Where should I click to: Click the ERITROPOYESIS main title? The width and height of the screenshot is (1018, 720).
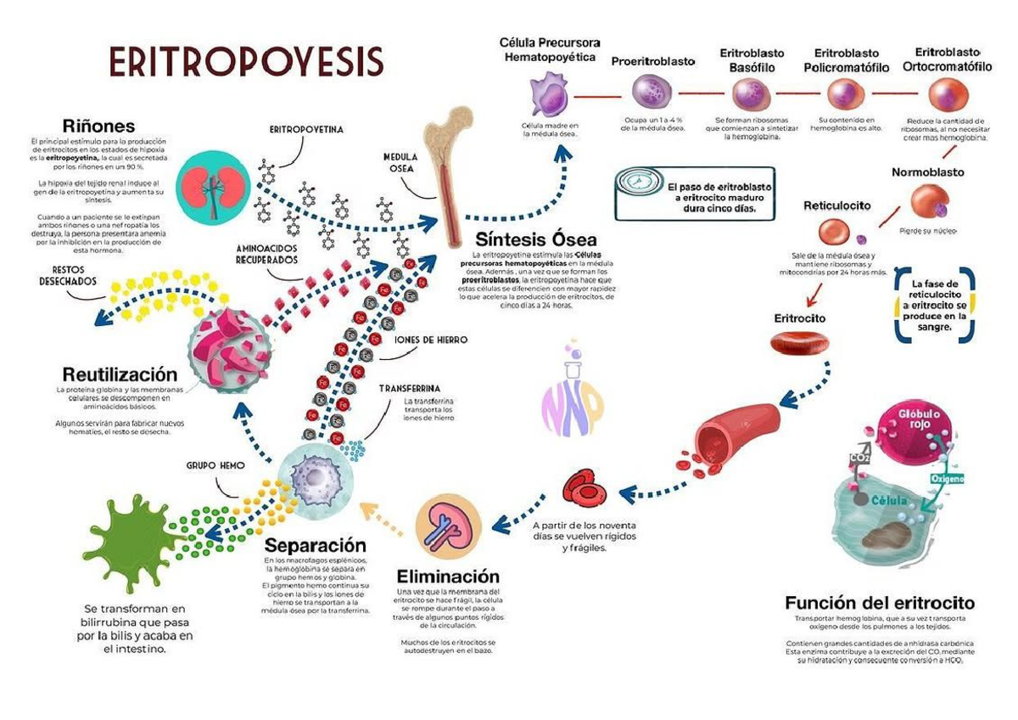pos(246,62)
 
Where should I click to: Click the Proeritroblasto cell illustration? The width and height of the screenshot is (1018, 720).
pos(652,93)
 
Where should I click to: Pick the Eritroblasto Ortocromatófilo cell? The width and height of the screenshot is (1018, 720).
pos(945,94)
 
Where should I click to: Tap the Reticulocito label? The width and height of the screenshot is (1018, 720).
pos(837,205)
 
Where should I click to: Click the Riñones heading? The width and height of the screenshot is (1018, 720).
pos(98,127)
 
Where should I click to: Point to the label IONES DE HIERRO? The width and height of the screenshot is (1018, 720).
pos(431,340)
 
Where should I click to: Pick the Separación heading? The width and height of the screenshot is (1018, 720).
pos(315,545)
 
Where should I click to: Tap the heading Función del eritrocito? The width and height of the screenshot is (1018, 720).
pos(880,603)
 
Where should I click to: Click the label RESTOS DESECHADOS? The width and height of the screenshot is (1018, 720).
pos(67,277)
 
